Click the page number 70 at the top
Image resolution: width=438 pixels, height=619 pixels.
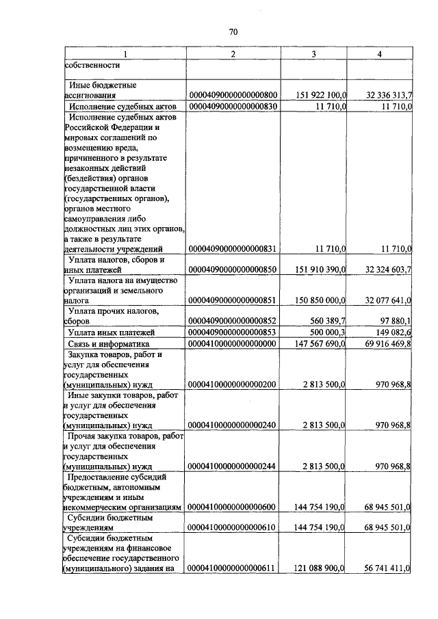(x=233, y=32)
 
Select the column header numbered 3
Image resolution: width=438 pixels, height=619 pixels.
(x=314, y=54)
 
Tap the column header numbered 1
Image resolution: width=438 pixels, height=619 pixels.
(x=125, y=54)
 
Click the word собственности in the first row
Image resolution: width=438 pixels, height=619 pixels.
(x=93, y=66)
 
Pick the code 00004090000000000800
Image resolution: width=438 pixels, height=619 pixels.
(x=232, y=96)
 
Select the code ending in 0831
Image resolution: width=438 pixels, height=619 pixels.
(x=232, y=249)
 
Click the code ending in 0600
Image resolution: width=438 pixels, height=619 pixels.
(x=232, y=508)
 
